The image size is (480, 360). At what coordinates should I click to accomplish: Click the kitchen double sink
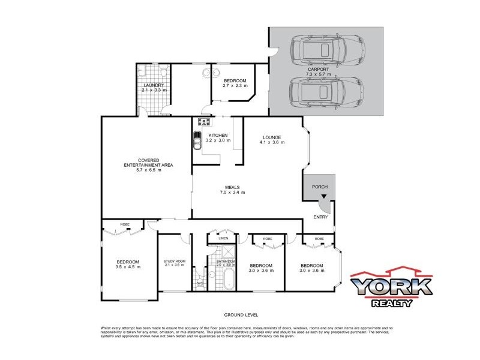click(198, 143)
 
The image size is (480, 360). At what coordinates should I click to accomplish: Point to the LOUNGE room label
click(271, 137)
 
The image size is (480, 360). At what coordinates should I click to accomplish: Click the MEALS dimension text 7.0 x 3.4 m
click(232, 192)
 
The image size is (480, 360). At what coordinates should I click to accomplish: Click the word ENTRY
click(320, 217)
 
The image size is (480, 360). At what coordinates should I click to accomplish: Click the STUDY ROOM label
click(174, 261)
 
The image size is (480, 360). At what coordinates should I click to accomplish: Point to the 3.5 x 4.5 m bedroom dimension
click(128, 267)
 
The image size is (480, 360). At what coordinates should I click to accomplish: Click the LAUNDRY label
click(153, 85)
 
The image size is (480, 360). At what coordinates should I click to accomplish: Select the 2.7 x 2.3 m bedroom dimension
click(235, 86)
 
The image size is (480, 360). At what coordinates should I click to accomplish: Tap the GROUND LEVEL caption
click(241, 314)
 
